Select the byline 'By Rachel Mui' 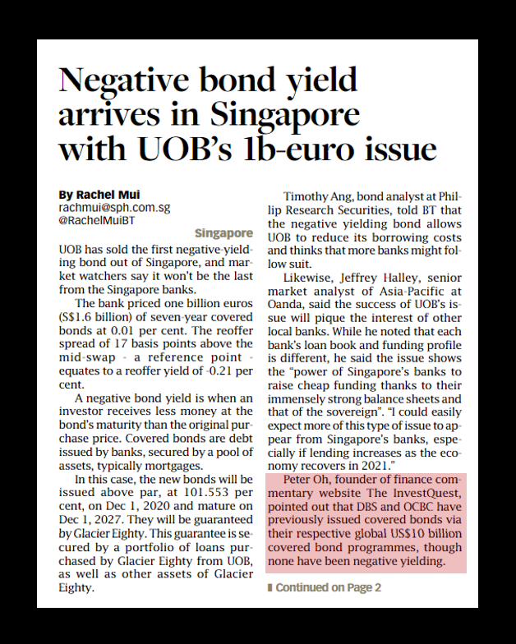[99, 195]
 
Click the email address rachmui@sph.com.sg [113, 208]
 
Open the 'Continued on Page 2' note [325, 588]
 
